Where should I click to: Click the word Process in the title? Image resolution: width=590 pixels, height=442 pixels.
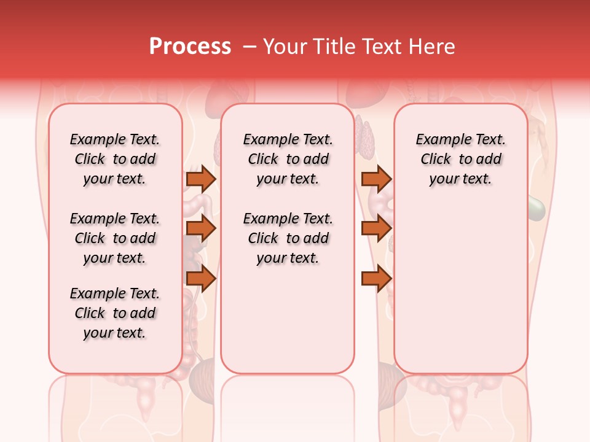190,47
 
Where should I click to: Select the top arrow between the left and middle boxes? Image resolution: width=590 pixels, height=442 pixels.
201,179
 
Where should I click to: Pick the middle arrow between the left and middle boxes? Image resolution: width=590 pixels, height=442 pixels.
201,229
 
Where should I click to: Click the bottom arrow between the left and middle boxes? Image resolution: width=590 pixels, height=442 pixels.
201,279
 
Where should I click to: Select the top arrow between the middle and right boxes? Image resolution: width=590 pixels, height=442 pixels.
376,179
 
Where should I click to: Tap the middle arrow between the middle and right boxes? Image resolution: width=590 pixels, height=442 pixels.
376,229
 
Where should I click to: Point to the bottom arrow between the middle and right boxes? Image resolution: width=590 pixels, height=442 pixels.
376,279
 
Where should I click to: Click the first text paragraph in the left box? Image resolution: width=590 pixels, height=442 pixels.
115,159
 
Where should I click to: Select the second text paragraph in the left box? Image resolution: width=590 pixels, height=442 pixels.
115,238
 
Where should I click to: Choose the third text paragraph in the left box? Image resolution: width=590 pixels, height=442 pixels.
115,313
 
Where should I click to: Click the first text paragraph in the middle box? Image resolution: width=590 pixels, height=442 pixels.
288,159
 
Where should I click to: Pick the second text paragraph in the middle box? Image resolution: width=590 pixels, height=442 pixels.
288,238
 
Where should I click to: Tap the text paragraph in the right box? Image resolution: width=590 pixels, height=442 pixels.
460,159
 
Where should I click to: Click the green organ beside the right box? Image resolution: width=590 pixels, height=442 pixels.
537,209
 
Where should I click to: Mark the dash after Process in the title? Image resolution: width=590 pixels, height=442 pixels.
249,47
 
